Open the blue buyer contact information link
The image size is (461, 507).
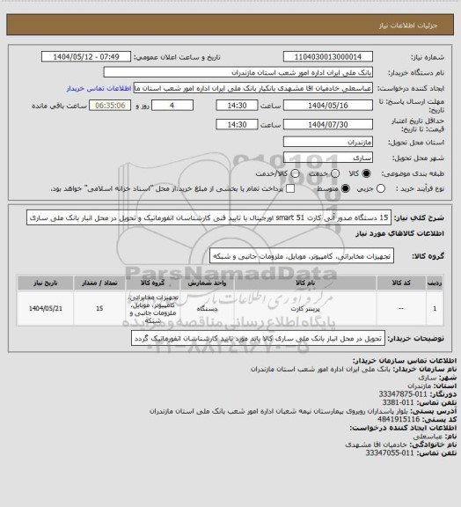(106, 88)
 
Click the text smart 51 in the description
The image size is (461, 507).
(290, 216)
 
